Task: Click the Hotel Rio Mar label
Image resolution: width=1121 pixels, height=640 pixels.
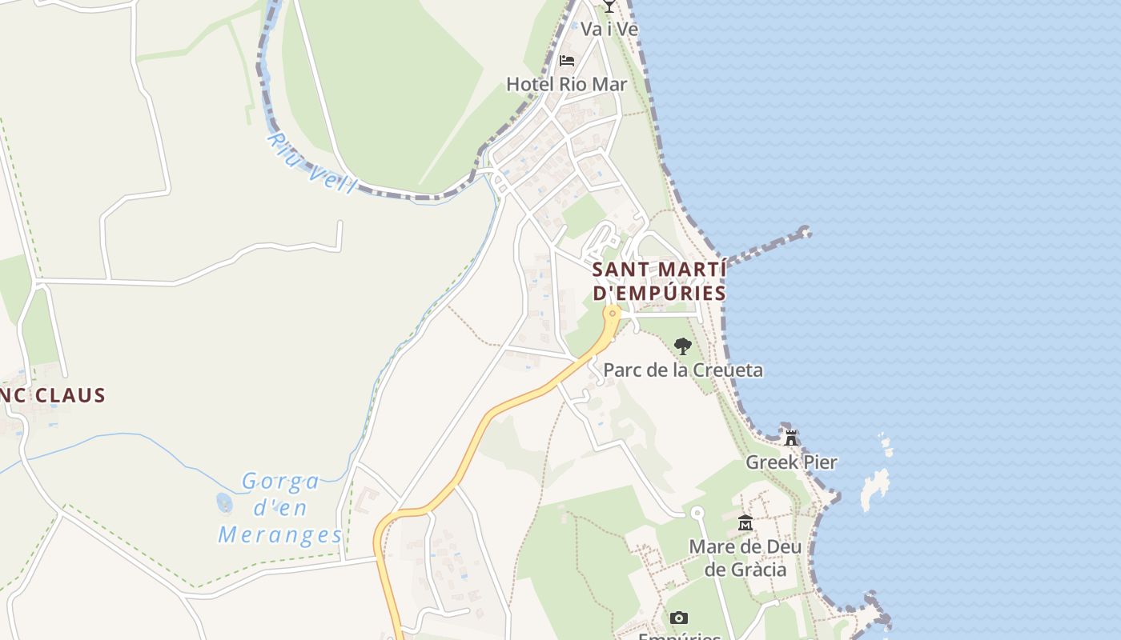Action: tap(566, 84)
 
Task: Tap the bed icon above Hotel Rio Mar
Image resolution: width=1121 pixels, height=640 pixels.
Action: tap(567, 60)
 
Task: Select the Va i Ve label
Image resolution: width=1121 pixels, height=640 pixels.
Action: tap(609, 29)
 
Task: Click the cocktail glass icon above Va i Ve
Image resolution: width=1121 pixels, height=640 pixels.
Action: tap(609, 6)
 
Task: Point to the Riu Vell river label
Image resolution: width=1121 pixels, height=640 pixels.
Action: tap(311, 163)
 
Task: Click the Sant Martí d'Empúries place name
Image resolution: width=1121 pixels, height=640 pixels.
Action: tap(659, 281)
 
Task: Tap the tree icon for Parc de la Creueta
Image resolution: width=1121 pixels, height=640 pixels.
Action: tap(682, 346)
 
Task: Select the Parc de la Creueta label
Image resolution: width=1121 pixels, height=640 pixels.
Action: tap(682, 370)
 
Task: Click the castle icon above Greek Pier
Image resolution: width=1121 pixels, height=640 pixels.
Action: tap(791, 438)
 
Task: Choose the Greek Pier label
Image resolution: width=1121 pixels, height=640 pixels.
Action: tap(791, 462)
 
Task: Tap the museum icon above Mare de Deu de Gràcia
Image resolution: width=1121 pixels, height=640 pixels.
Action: tap(745, 523)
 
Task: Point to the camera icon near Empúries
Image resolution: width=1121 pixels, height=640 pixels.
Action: tap(679, 618)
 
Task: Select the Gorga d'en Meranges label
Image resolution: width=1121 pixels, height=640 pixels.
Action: tap(280, 508)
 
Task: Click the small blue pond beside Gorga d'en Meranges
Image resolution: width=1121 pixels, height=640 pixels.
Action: tap(224, 503)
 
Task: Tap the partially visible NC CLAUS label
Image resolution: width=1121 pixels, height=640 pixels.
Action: tap(53, 395)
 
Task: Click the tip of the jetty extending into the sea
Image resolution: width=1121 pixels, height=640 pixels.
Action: tap(805, 233)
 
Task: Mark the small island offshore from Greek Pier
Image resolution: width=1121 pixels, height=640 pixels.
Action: tap(874, 487)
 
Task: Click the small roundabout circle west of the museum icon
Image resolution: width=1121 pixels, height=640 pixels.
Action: tap(697, 512)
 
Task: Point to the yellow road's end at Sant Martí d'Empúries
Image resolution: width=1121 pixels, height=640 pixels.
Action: tap(613, 312)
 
